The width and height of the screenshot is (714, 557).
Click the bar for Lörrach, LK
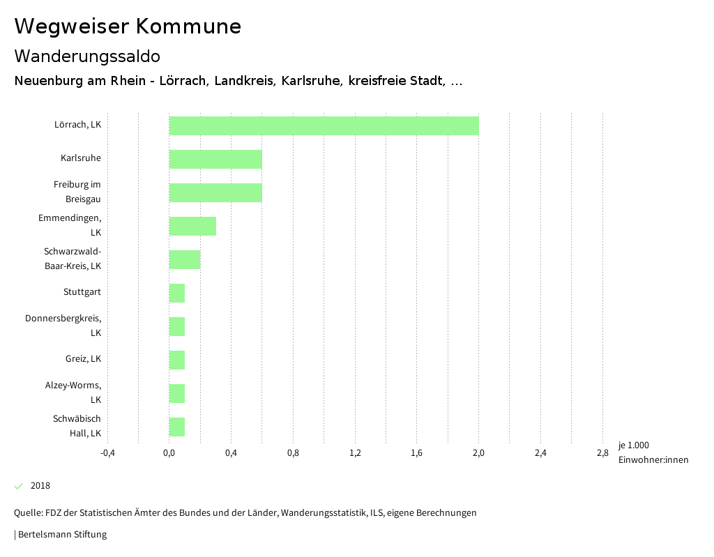[x=324, y=125]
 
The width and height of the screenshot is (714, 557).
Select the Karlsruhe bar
[x=215, y=159]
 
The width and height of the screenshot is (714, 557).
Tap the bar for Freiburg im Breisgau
[x=215, y=192]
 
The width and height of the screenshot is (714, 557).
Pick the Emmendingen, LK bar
[x=192, y=226]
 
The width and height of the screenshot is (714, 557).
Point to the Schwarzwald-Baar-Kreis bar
[x=185, y=259]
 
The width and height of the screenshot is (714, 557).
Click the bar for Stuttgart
[x=177, y=293]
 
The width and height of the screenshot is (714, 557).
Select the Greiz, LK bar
[x=177, y=360]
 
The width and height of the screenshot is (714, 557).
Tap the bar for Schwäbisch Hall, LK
[x=177, y=427]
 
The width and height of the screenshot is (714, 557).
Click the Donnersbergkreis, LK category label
[x=63, y=326]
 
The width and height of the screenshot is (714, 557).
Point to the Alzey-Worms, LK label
[x=73, y=392]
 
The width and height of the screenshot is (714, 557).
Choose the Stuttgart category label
[x=82, y=292]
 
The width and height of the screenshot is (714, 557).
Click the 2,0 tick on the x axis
[x=478, y=453]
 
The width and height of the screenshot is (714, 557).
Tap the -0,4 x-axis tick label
[x=107, y=453]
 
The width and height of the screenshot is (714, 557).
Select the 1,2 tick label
[x=355, y=453]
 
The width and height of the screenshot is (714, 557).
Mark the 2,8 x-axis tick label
[x=602, y=453]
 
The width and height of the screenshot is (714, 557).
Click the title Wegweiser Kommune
[x=128, y=26]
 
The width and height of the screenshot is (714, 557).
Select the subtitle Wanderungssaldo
[x=87, y=56]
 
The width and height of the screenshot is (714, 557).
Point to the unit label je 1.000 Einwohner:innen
[x=653, y=452]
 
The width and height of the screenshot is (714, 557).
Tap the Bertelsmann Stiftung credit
[x=61, y=535]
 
